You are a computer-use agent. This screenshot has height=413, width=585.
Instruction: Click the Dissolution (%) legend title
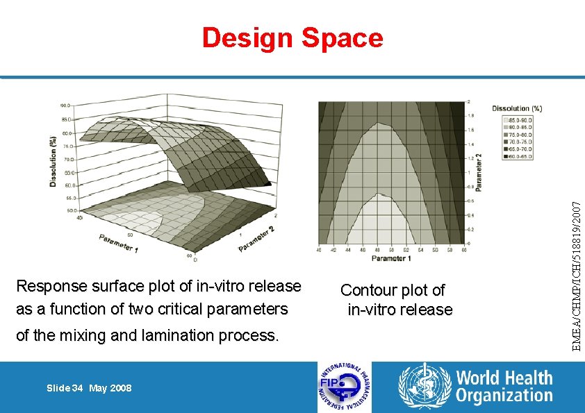[517, 108]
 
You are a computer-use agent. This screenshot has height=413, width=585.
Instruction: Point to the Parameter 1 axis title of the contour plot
[390, 258]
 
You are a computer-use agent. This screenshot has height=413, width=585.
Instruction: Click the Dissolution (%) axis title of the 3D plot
[53, 161]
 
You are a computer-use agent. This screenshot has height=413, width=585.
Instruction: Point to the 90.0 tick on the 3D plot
[65, 106]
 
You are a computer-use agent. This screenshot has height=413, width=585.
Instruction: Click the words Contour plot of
[393, 290]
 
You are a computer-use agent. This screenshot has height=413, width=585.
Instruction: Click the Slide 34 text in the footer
[65, 388]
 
